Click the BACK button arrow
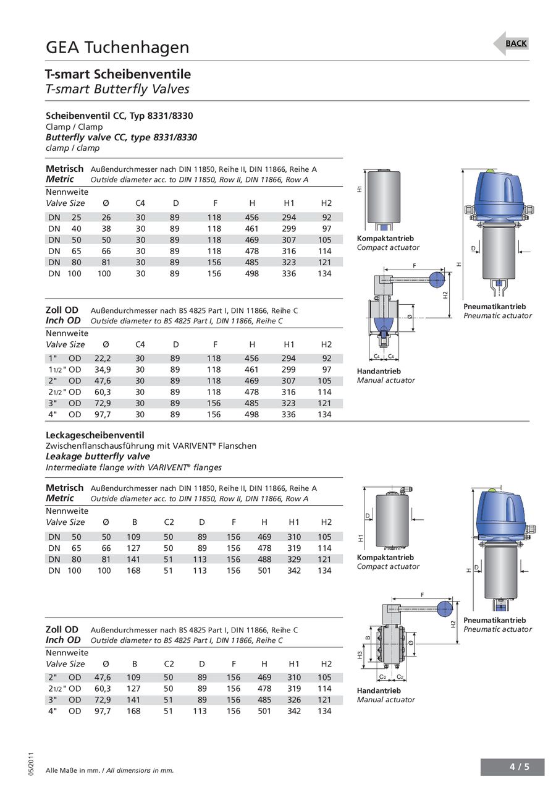511,43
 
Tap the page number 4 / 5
519,767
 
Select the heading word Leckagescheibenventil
95,435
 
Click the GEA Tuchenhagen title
117,48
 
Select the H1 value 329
294,559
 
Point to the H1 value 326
294,700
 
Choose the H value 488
264,559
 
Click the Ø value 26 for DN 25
106,218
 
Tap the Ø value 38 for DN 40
106,229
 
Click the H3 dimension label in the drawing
360,653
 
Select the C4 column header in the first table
141,203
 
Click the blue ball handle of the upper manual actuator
437,279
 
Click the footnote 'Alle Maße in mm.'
75,770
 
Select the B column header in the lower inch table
135,663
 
